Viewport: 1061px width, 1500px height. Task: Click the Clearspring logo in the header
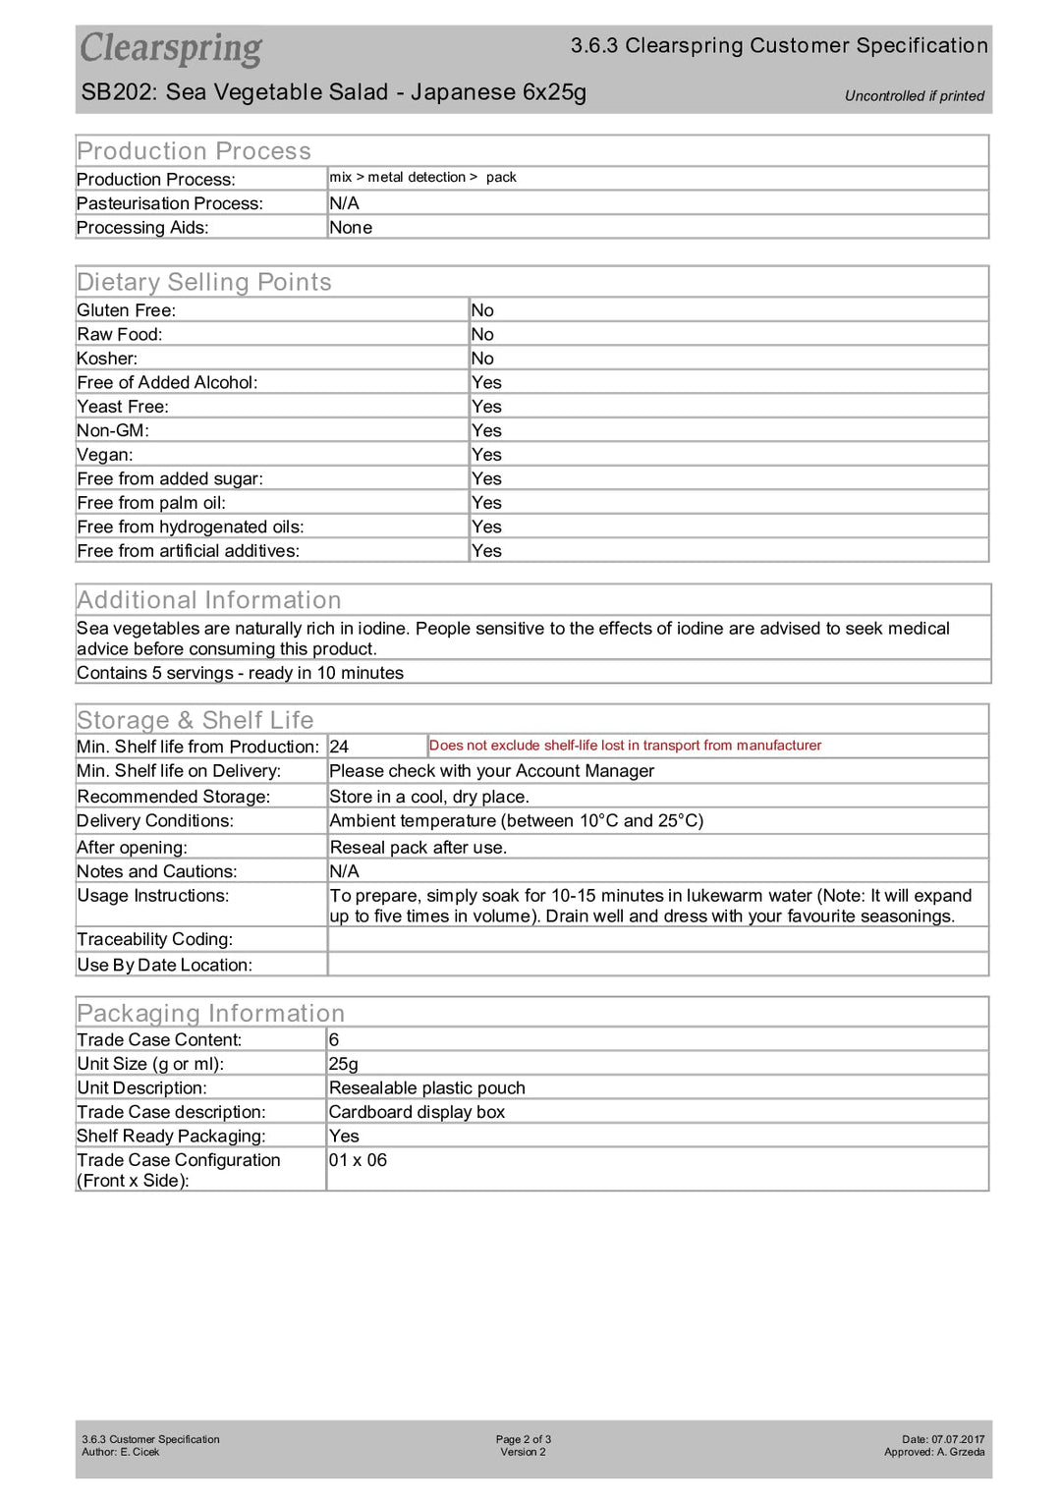(x=171, y=48)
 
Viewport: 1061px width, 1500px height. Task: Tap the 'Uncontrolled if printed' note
(x=914, y=96)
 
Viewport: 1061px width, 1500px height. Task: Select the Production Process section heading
(x=194, y=151)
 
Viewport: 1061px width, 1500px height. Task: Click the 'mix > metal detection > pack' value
(x=422, y=178)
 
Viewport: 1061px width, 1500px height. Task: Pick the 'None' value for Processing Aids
(x=351, y=228)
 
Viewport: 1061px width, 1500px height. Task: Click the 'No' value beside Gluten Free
(x=482, y=310)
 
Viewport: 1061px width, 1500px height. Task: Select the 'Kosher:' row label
(x=107, y=359)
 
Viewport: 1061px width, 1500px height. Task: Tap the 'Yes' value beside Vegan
(x=486, y=455)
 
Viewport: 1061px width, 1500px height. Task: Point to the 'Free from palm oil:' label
(x=151, y=503)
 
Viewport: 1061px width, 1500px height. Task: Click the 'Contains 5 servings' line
(x=240, y=673)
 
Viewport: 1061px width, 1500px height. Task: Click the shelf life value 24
(x=339, y=747)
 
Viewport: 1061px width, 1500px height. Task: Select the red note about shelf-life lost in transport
(x=625, y=746)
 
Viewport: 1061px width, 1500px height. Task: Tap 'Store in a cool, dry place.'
(x=429, y=797)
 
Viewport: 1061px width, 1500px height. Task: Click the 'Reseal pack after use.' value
(x=418, y=848)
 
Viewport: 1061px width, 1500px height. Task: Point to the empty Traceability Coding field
(x=656, y=939)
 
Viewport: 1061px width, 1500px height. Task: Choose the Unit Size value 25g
(x=344, y=1064)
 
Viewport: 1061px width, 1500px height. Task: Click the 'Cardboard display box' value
(x=417, y=1112)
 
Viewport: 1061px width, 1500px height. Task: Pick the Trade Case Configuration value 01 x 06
(x=358, y=1160)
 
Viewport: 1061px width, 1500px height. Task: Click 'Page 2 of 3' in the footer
(x=523, y=1439)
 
